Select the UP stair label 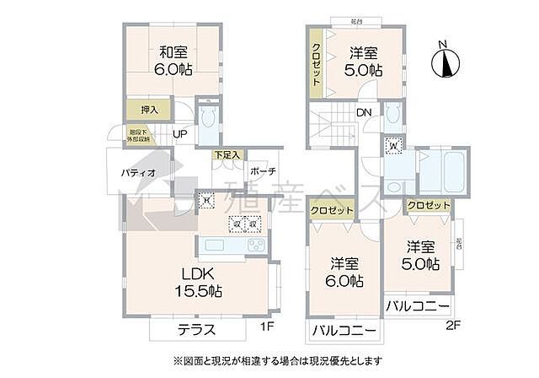point(180,133)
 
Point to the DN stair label point(365,112)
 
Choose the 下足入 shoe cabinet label point(227,155)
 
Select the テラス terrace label point(196,330)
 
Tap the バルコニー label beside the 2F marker point(418,305)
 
